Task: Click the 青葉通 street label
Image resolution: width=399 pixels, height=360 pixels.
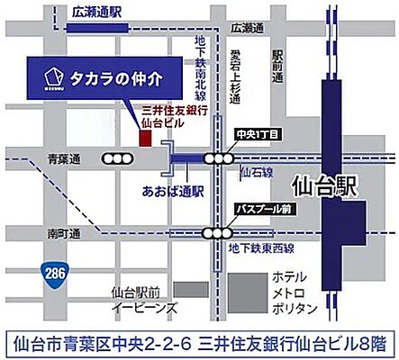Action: [64, 158]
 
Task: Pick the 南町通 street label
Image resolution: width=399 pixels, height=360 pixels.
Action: [64, 233]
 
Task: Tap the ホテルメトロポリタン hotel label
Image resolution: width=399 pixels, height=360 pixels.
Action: [295, 293]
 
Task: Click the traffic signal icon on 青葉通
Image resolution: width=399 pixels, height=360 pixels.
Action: [116, 158]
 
